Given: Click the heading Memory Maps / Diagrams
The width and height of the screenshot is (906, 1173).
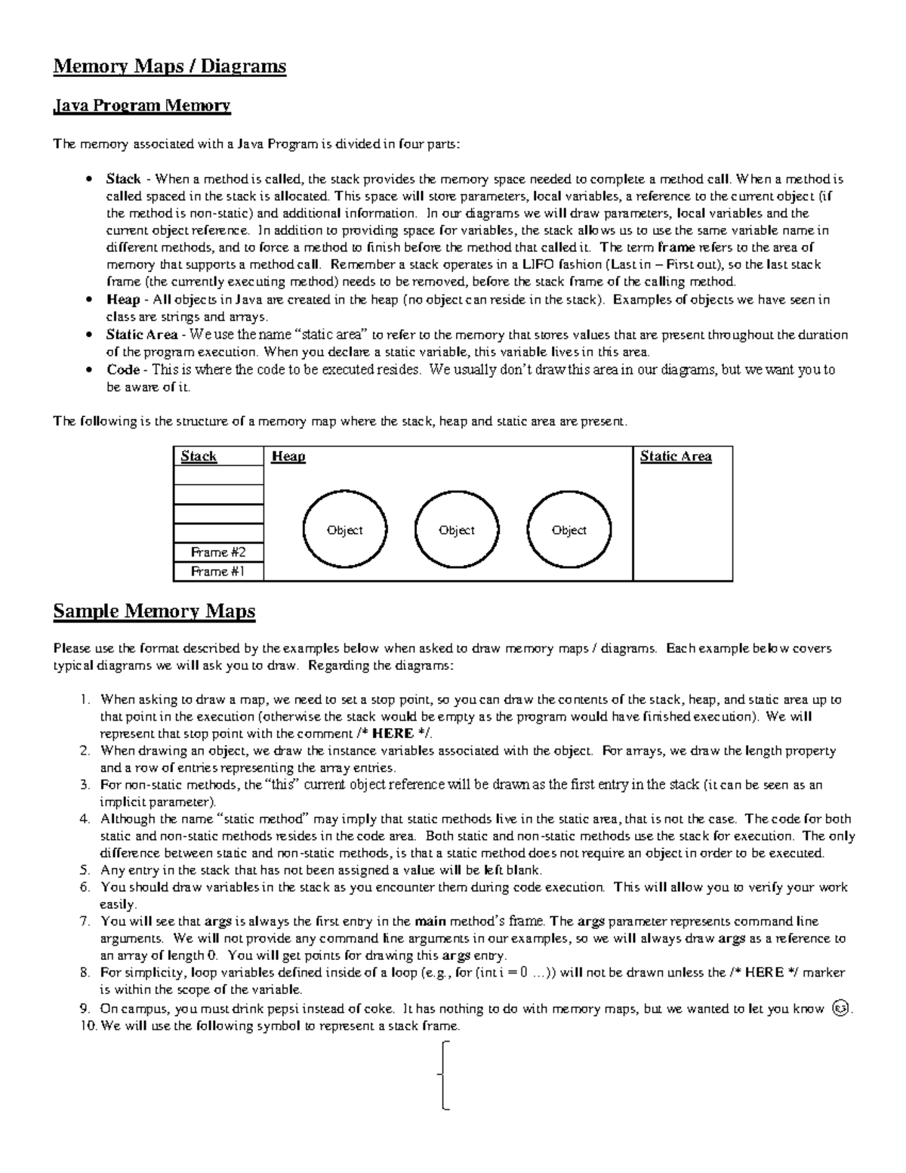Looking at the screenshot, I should point(169,66).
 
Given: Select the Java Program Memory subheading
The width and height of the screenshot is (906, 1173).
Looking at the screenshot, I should point(141,105).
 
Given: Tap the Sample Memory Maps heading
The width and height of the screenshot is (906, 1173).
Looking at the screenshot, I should point(154,611).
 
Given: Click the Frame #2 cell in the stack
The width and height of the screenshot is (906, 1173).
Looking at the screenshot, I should point(218,552).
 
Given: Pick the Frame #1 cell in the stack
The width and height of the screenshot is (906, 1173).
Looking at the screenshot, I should point(218,572).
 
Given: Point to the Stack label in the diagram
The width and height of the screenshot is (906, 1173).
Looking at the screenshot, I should point(199,456).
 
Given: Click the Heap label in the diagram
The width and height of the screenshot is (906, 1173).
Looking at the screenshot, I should point(288,456).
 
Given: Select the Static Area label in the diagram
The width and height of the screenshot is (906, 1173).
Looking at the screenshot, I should point(676,456).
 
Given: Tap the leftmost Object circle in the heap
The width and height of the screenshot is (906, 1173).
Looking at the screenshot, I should point(344,530).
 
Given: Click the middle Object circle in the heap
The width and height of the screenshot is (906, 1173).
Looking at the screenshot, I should point(457,530).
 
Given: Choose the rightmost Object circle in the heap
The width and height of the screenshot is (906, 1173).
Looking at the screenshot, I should point(569,530).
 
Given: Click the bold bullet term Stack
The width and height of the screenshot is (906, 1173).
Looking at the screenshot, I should point(123,179).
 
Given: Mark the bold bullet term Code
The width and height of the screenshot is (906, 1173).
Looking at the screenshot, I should point(123,369).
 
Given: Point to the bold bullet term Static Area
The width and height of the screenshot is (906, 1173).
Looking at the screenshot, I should point(142,335).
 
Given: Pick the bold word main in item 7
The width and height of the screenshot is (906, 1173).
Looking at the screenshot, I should point(431,921).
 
